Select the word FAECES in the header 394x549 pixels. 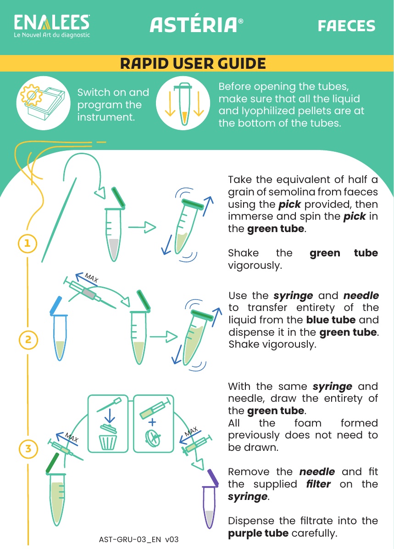(x=346, y=26)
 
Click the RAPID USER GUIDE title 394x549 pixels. (x=193, y=64)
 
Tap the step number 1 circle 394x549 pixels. (x=28, y=243)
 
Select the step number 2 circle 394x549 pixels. (x=28, y=340)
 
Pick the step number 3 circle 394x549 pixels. (x=28, y=448)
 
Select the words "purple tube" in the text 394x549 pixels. (x=258, y=533)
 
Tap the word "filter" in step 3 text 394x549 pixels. (x=318, y=484)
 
